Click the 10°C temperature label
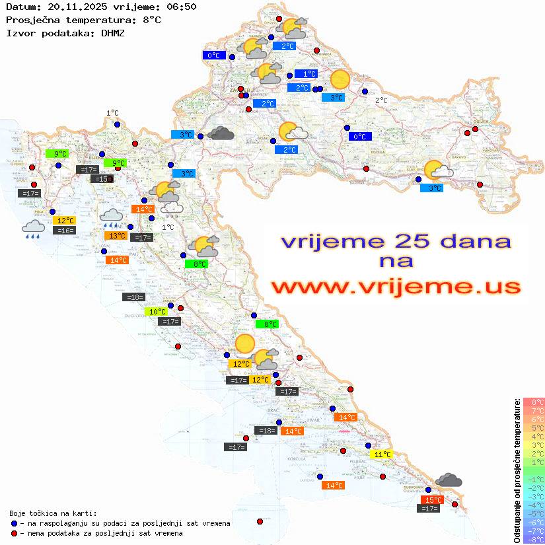point(157,312)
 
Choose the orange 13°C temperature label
point(116,236)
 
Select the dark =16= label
point(65,231)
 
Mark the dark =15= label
point(102,179)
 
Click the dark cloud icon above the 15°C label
point(449,480)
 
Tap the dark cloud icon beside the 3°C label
point(221,134)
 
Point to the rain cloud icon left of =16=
point(33,229)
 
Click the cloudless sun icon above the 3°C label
point(340,79)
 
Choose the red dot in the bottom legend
point(14,533)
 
